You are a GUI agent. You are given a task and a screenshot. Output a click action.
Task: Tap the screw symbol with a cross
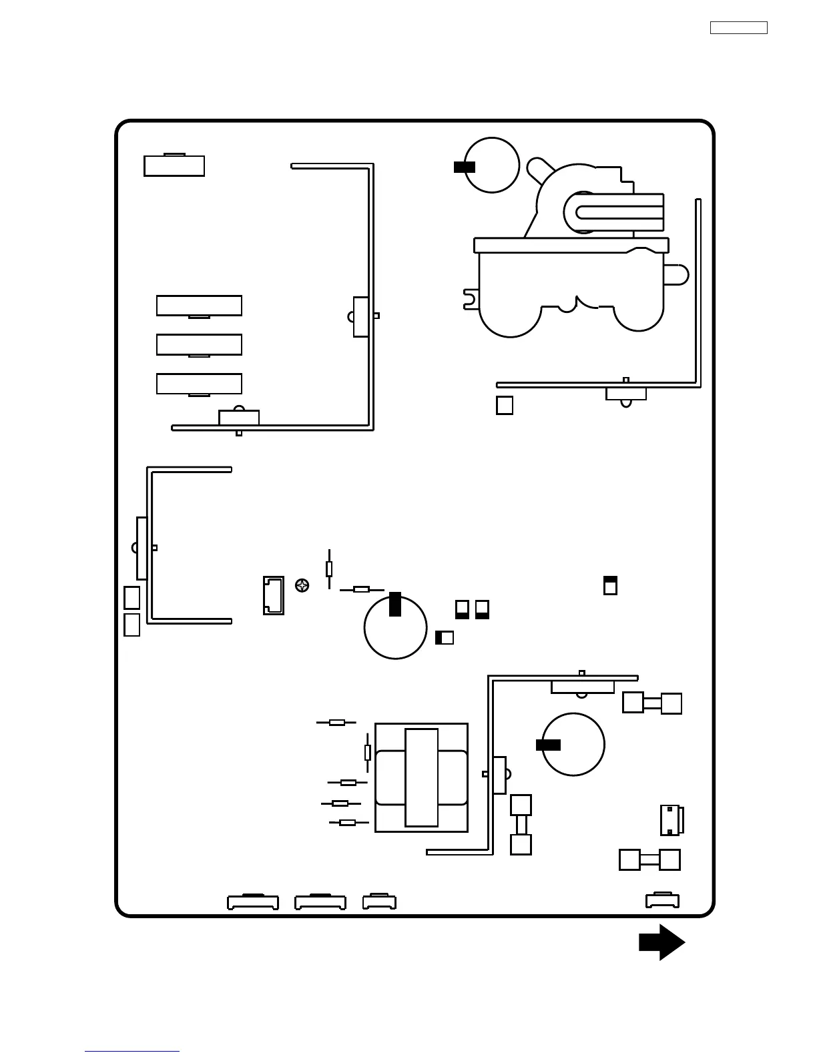point(302,586)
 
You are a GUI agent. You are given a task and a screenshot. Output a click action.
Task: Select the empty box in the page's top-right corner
point(738,28)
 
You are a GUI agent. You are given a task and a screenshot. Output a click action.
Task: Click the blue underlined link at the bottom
point(132,1051)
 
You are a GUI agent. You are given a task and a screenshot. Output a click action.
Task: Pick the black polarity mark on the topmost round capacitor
point(464,167)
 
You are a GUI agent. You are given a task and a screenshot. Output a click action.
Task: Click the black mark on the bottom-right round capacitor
point(548,745)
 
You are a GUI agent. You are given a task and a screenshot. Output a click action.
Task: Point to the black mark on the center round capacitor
point(395,604)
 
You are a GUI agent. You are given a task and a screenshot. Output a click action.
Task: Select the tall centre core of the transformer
point(422,777)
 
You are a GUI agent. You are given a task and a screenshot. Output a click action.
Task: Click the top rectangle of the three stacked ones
point(199,306)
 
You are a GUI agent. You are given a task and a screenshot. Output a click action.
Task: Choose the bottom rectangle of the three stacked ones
point(199,384)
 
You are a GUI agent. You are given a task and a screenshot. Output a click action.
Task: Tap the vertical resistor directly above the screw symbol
point(329,569)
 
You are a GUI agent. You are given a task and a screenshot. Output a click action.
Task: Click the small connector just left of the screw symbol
point(274,595)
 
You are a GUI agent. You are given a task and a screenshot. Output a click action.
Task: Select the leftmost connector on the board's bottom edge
point(253,902)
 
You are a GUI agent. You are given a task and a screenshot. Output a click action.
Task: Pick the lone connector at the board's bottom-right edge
point(662,901)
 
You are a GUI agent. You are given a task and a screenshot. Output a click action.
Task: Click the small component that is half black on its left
point(445,637)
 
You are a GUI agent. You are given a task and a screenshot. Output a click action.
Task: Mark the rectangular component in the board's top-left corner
point(174,165)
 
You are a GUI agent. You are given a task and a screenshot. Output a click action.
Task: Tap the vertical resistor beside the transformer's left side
point(367,752)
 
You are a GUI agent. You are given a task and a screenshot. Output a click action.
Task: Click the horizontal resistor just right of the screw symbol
point(361,589)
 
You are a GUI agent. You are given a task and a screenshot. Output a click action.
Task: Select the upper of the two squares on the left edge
point(131,597)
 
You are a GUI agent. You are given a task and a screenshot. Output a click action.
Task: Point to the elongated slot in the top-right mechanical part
point(617,212)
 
